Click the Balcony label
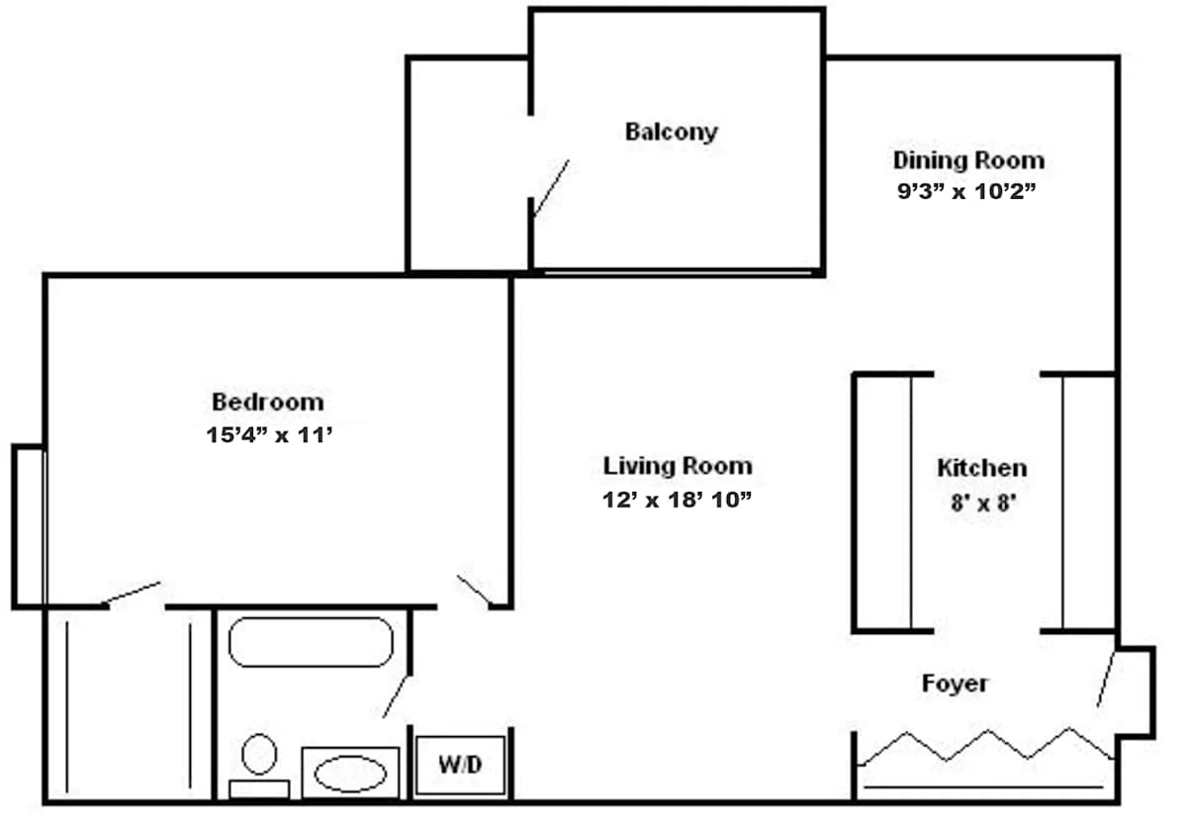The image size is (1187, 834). click(672, 133)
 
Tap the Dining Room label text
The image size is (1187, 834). click(968, 160)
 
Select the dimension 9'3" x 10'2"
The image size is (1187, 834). click(966, 191)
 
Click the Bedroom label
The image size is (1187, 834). click(268, 403)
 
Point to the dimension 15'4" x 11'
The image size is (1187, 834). click(269, 435)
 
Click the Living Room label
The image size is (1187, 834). click(678, 466)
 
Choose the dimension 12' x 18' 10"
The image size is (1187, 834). click(678, 500)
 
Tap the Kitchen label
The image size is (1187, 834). click(982, 468)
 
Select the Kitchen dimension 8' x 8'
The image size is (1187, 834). click(983, 503)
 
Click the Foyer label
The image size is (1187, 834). click(955, 684)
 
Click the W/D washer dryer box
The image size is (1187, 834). click(460, 765)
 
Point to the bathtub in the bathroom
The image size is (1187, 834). click(311, 642)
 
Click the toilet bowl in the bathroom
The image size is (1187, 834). click(259, 755)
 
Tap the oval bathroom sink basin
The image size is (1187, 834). click(350, 774)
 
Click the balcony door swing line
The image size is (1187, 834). click(551, 188)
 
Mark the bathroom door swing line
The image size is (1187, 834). click(396, 696)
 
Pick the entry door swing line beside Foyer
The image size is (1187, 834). click(1106, 680)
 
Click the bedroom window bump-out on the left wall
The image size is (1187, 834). click(29, 526)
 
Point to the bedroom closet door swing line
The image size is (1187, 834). click(132, 593)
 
